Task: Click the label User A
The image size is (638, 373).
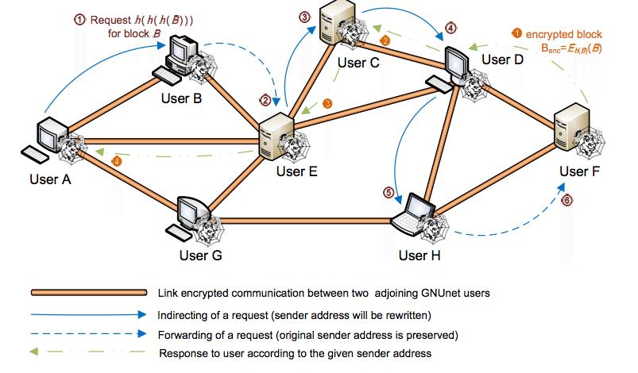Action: [x=50, y=179]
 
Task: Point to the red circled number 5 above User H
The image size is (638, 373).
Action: [x=388, y=192]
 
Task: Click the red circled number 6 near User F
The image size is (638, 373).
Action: [x=566, y=202]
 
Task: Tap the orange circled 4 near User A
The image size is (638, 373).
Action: [x=118, y=161]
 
